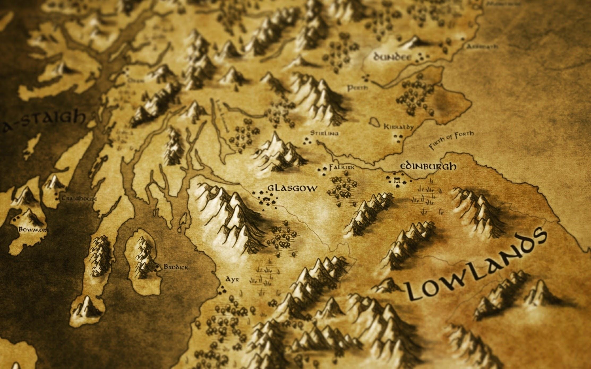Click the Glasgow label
[x=292, y=188]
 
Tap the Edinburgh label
[x=428, y=166]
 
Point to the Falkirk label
[x=341, y=168]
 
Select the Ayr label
[x=232, y=280]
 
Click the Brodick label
[x=176, y=267]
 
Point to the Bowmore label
[x=34, y=229]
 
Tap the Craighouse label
[x=79, y=199]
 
